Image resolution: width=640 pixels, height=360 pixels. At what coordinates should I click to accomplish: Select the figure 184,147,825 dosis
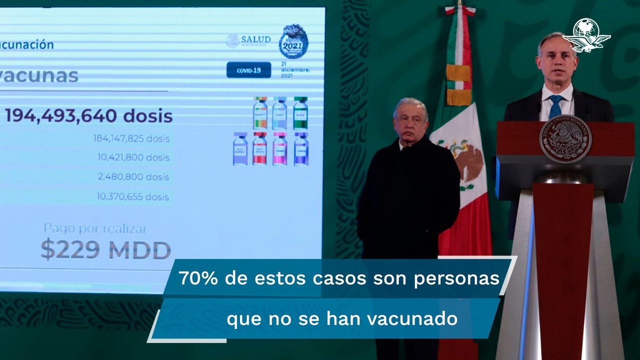tap(131, 138)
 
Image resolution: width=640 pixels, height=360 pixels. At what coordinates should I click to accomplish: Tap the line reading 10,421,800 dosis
tap(133, 157)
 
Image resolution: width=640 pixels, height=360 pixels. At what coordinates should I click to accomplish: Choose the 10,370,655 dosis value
tap(133, 196)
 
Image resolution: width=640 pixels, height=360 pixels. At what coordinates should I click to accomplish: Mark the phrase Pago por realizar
tap(95, 229)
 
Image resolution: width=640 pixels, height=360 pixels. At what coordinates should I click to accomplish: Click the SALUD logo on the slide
tap(248, 40)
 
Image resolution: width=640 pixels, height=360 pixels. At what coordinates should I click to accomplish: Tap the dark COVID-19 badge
tap(248, 70)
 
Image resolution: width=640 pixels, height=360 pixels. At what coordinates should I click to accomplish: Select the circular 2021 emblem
tap(293, 42)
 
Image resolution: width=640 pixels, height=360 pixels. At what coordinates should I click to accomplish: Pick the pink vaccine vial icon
tap(280, 149)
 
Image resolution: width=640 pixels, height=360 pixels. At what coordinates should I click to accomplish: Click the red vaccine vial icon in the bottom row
tap(259, 149)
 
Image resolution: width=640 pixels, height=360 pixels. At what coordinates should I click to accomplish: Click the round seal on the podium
tap(565, 138)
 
